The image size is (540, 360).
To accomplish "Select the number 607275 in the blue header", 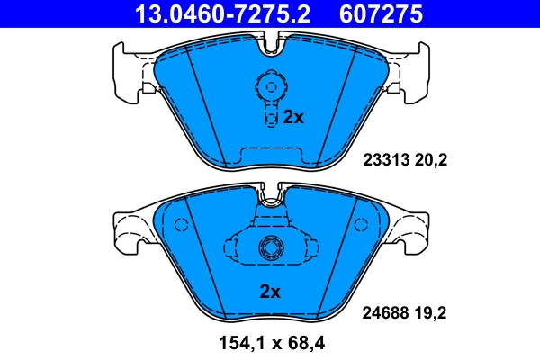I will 379,13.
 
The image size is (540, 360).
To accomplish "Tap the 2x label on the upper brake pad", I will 295,117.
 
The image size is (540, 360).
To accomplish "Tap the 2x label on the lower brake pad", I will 270,291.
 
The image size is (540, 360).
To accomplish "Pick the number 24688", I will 384,312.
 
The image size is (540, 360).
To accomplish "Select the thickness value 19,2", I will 431,312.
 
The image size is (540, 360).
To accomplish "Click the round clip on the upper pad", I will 270,86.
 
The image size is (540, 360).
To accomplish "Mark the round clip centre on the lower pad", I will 269,249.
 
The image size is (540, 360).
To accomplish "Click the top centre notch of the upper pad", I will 270,43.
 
